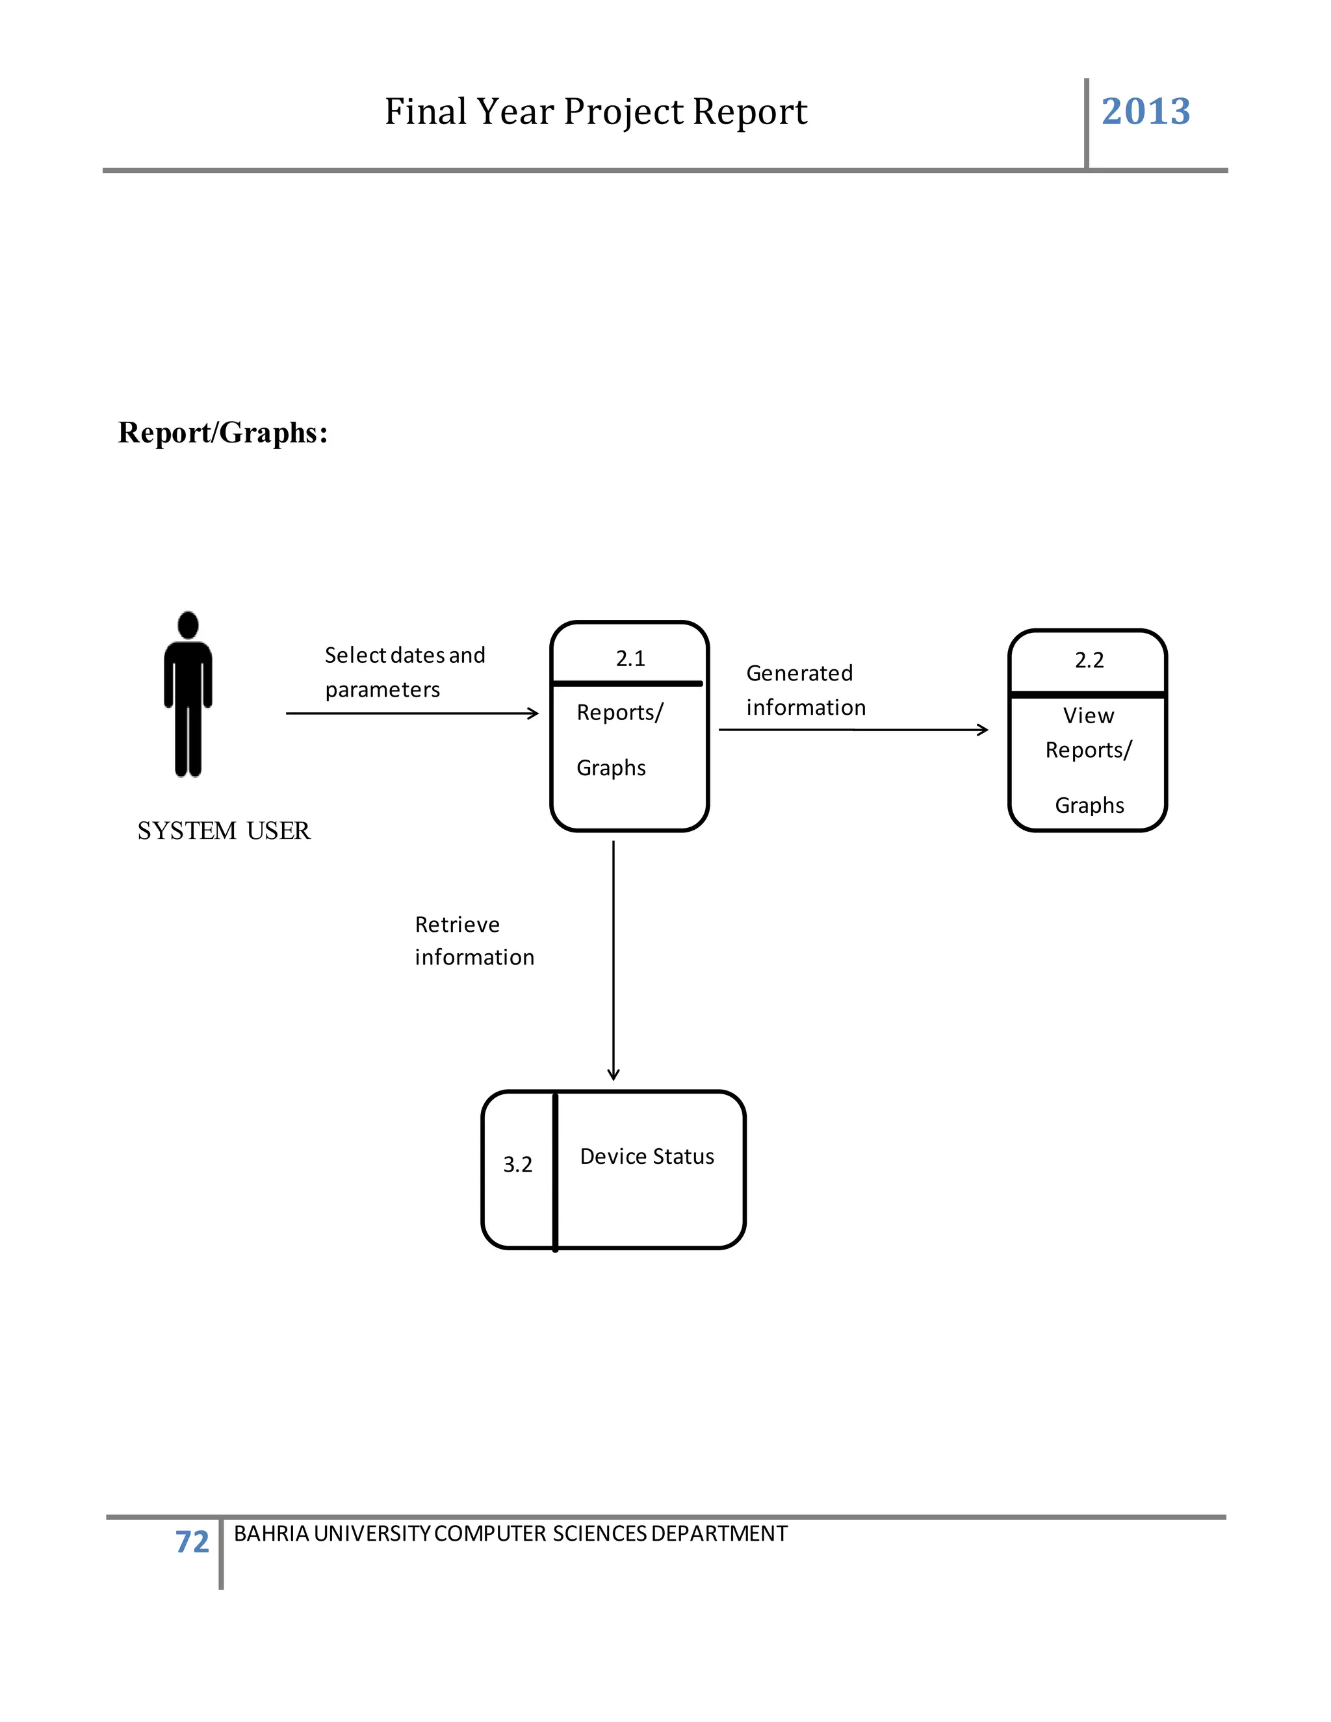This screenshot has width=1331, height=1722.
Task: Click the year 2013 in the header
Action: point(1145,111)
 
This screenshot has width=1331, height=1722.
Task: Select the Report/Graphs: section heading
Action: point(222,433)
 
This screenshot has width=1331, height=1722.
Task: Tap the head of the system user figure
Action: point(188,624)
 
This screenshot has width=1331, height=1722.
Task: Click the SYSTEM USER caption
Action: point(224,830)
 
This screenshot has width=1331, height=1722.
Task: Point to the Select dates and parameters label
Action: point(404,672)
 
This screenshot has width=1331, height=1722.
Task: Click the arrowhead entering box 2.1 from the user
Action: point(534,713)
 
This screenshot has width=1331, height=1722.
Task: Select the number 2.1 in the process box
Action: point(630,658)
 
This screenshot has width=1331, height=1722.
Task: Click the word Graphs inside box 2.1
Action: point(611,768)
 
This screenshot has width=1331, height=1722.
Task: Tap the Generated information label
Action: point(805,690)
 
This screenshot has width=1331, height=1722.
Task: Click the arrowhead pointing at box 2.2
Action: point(983,730)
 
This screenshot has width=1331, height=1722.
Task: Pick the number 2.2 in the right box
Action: point(1089,660)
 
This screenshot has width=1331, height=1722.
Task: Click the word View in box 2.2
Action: point(1088,715)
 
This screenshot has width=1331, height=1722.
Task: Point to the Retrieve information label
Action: point(473,941)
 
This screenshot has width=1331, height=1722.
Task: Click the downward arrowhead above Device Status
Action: point(614,1074)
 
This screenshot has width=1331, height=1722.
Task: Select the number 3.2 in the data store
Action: point(517,1164)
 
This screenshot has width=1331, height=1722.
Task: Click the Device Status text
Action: point(647,1157)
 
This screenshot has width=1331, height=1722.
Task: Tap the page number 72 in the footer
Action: point(192,1541)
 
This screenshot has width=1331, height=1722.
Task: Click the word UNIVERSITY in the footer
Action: point(371,1534)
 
